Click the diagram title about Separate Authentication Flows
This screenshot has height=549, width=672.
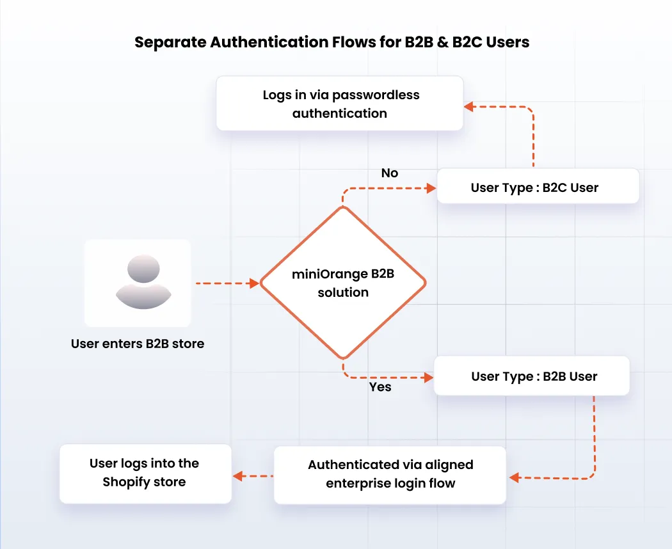point(332,43)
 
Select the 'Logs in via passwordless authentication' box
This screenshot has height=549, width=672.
point(339,104)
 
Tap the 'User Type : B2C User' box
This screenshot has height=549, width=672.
point(538,187)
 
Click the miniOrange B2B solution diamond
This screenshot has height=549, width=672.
point(343,283)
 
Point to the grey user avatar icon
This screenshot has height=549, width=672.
point(143,282)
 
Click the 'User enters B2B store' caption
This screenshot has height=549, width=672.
point(138,344)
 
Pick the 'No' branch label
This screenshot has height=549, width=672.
point(389,173)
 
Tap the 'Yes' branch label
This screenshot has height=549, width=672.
point(380,387)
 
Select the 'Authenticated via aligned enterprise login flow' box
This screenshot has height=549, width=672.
point(390,474)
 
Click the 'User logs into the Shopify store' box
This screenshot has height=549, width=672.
point(145,473)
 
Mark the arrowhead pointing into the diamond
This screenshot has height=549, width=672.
point(255,282)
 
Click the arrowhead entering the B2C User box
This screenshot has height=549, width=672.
point(431,187)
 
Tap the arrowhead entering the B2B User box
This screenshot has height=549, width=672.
point(428,378)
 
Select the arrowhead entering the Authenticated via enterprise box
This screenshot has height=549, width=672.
point(513,477)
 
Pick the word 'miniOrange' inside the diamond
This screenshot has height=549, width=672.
point(329,274)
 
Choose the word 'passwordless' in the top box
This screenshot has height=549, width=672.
point(376,95)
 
